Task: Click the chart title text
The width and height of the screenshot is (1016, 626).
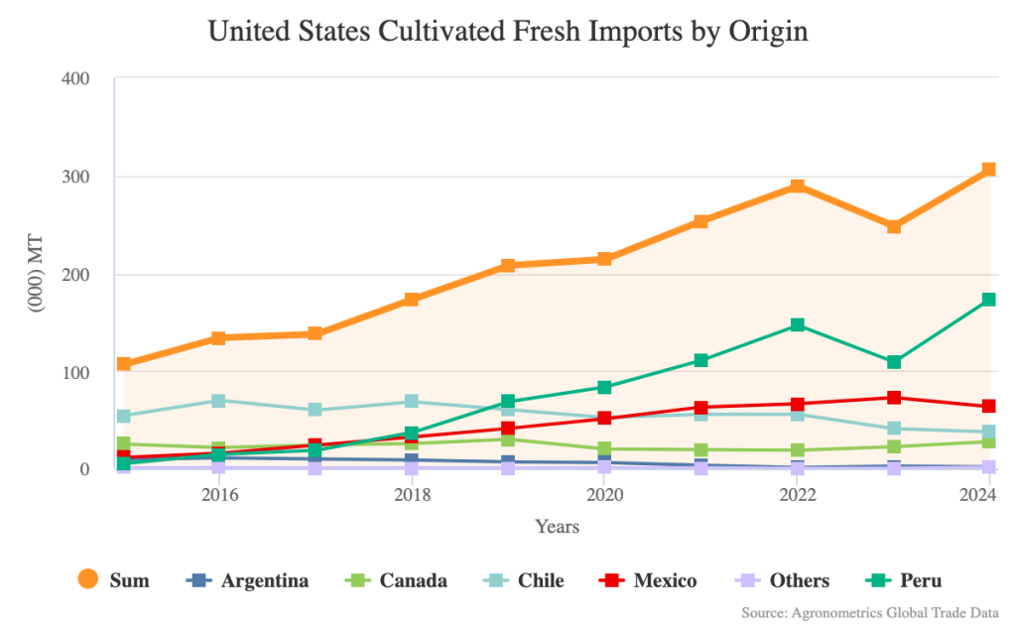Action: [x=508, y=31]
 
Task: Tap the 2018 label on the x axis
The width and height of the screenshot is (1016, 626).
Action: [x=412, y=494]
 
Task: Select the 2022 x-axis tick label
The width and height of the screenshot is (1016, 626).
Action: [x=798, y=494]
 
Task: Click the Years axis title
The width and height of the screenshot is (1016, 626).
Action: [x=557, y=527]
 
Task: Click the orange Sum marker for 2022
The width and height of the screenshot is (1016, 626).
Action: [x=798, y=187]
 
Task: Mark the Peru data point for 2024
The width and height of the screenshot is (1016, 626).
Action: [x=989, y=300]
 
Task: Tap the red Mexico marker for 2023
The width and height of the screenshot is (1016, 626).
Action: [x=894, y=398]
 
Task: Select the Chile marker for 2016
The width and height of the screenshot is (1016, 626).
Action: [x=219, y=401]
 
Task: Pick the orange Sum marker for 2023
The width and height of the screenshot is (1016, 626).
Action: [x=894, y=226]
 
